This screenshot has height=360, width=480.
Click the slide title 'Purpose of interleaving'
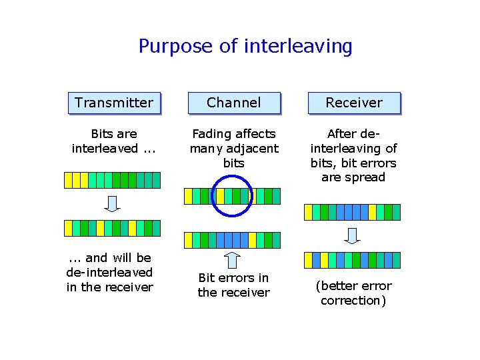(245, 46)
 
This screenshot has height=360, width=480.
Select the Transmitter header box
(114, 103)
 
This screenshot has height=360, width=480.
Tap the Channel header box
(233, 103)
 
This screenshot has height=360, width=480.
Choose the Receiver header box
(353, 103)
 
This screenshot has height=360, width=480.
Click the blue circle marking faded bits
(232, 196)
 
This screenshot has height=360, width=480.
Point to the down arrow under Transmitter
(113, 204)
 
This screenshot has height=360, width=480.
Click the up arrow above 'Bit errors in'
(232, 259)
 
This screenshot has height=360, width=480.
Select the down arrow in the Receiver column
(353, 235)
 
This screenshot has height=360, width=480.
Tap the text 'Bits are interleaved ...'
(114, 141)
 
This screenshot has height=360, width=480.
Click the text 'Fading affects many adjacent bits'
(233, 148)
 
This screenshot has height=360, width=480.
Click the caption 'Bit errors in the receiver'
(233, 285)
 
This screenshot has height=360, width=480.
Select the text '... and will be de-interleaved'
(109, 265)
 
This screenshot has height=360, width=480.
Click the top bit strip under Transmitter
(112, 180)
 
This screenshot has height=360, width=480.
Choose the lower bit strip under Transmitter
(112, 228)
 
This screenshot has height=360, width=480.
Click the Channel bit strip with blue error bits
(232, 240)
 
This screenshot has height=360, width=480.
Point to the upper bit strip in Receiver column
(352, 212)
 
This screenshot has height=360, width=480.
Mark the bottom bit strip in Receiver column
(352, 260)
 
